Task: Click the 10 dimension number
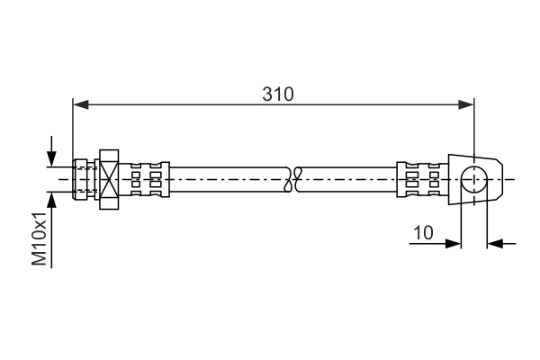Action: (423, 232)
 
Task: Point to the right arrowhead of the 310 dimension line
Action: (466, 105)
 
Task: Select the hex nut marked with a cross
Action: (109, 179)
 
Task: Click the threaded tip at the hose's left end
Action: (85, 179)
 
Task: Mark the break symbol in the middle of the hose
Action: (291, 179)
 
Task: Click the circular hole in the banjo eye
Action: (472, 179)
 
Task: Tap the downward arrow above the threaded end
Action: (52, 158)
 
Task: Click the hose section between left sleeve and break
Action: (225, 179)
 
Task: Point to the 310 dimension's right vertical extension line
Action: (473, 130)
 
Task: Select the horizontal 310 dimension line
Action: (180, 105)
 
